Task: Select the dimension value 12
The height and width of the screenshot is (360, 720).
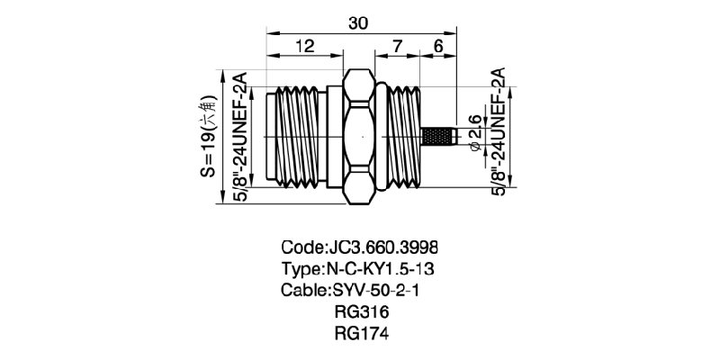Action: pyautogui.click(x=304, y=46)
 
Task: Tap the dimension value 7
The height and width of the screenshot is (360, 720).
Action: pyautogui.click(x=397, y=46)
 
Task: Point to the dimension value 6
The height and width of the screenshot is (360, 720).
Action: pyautogui.click(x=439, y=46)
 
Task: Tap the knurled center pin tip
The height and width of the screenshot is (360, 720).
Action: pyautogui.click(x=440, y=138)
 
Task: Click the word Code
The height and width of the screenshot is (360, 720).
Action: pyautogui.click(x=301, y=247)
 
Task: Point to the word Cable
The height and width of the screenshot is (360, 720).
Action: pyautogui.click(x=303, y=291)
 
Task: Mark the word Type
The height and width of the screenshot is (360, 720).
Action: pyautogui.click(x=301, y=269)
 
